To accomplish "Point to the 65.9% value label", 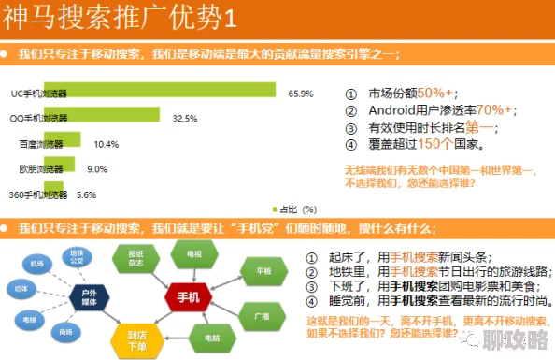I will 301,93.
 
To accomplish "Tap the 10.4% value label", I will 106,144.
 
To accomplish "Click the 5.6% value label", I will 86,194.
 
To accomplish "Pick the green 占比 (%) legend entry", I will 295,209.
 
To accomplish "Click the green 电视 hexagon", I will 192,254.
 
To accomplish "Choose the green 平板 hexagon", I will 249,270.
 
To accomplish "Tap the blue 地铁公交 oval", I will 77,255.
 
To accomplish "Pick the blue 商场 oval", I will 64,331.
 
